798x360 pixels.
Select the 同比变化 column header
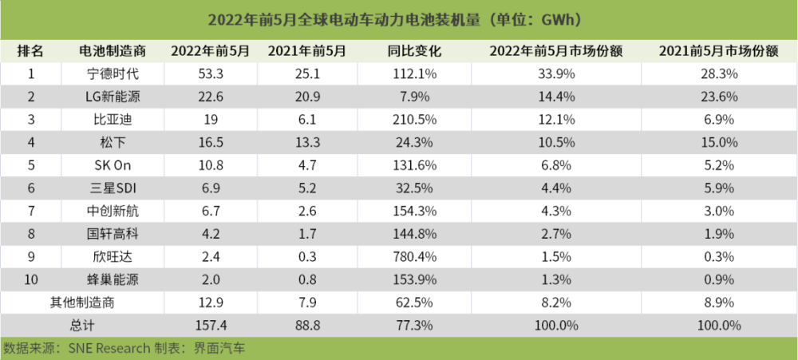[x=413, y=51]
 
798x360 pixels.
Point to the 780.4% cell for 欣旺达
[x=413, y=257]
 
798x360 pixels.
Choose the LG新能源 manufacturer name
[x=113, y=97]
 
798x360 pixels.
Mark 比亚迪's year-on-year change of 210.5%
[x=413, y=121]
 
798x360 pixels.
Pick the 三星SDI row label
[x=113, y=189]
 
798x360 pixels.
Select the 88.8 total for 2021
[x=307, y=326]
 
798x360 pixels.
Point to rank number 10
[x=31, y=280]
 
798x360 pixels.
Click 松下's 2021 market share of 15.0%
[x=719, y=143]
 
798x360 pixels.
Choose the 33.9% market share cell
[x=555, y=74]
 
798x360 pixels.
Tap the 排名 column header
[x=31, y=51]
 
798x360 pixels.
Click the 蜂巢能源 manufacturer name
[x=113, y=280]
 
